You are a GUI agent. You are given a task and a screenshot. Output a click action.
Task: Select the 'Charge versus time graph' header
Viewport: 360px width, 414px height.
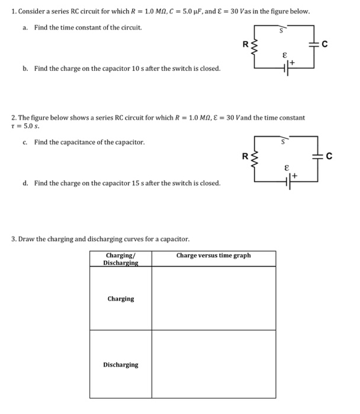click(x=213, y=255)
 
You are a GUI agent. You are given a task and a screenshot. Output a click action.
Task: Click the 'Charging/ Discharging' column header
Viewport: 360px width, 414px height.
click(x=120, y=259)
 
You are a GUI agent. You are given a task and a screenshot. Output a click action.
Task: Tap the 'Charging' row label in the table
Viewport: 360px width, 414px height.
click(x=120, y=299)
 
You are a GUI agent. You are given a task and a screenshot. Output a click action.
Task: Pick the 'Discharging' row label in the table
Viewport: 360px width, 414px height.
click(x=120, y=365)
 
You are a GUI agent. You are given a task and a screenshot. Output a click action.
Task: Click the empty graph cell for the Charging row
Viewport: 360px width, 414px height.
click(x=213, y=298)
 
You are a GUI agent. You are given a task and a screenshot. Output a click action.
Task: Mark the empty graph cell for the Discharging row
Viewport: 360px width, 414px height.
click(x=213, y=364)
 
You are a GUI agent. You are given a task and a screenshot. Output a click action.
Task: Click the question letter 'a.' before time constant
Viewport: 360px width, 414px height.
click(x=25, y=28)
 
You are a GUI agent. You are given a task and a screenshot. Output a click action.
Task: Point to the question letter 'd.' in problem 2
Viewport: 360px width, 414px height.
click(x=25, y=183)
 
